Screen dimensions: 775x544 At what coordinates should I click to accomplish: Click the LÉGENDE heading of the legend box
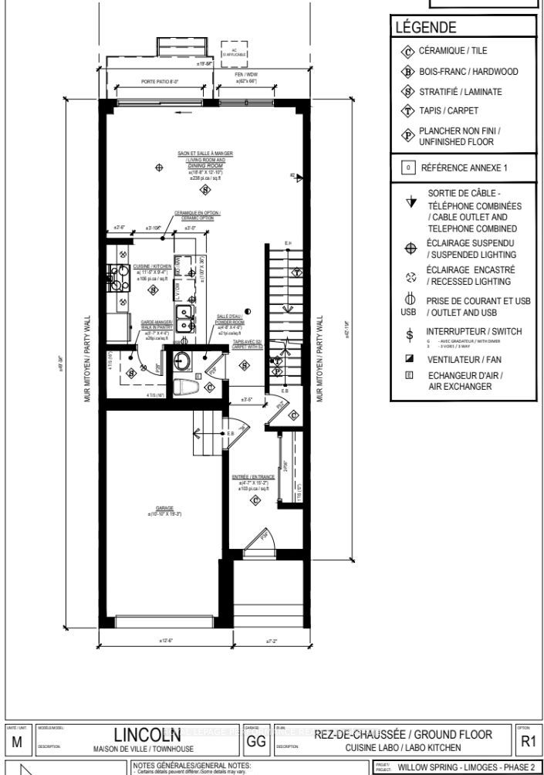(x=425, y=28)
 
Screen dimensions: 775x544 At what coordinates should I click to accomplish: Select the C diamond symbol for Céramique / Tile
(x=407, y=51)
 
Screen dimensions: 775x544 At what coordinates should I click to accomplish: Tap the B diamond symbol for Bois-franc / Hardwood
(x=407, y=72)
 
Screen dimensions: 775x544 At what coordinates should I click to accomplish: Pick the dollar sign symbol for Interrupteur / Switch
(x=410, y=333)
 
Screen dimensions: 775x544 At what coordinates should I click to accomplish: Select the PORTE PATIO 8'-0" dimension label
(x=160, y=80)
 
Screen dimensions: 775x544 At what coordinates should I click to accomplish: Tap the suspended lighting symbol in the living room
(x=159, y=167)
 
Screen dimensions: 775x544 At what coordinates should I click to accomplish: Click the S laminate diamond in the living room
(x=205, y=189)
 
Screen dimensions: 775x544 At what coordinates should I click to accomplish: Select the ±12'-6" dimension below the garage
(x=166, y=641)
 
